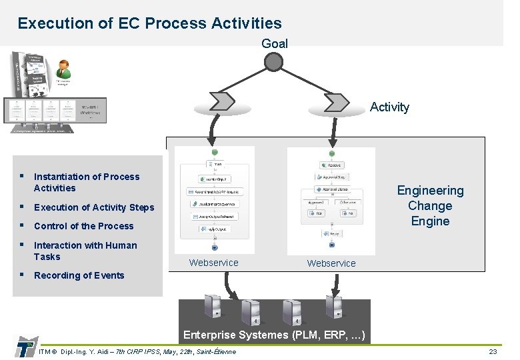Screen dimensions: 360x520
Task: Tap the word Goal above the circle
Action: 275,44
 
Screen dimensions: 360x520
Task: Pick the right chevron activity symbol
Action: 335,101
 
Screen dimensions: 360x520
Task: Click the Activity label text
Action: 389,107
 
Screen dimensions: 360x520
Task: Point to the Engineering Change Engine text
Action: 430,206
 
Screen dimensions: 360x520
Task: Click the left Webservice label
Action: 213,263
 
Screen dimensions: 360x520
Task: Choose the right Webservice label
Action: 331,263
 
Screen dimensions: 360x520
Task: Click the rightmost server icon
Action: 333,307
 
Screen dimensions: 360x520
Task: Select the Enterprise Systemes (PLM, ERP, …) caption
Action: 274,335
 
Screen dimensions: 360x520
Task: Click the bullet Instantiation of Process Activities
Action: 87,182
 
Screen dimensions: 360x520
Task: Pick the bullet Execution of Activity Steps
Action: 94,207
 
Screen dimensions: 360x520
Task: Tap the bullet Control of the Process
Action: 84,226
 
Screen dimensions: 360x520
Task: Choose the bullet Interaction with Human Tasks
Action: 85,251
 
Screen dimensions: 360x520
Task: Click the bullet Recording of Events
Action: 79,275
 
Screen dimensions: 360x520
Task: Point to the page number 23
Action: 493,351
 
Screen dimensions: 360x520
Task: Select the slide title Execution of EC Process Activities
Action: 150,23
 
